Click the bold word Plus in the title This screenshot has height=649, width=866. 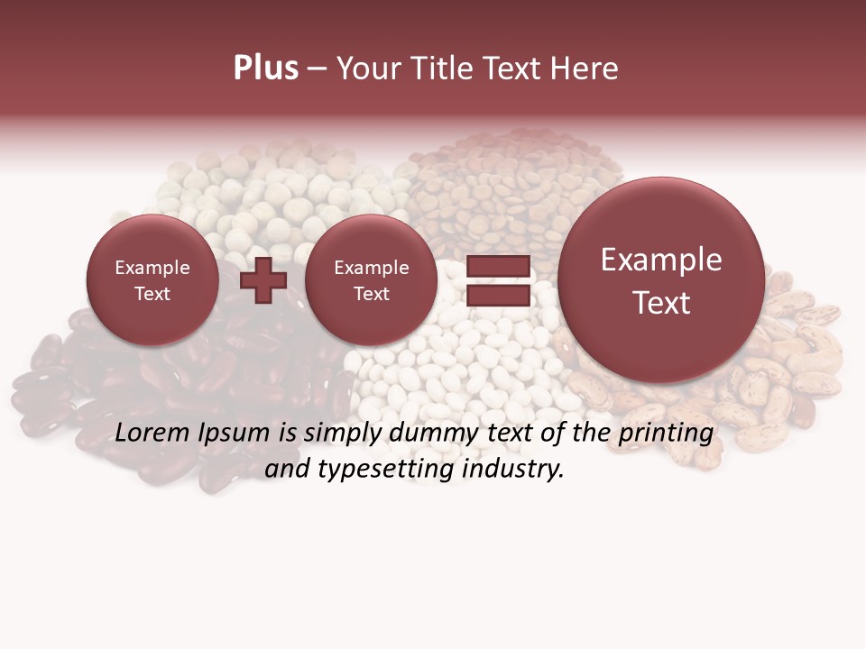point(265,68)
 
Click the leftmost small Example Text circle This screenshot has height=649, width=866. point(152,280)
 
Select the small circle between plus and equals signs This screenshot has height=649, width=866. point(371,280)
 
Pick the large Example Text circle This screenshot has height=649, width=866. point(661,280)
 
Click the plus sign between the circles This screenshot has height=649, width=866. point(263,279)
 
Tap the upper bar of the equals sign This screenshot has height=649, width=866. point(497,266)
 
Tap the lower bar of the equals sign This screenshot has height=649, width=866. point(497,295)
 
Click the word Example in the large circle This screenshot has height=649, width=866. point(661,260)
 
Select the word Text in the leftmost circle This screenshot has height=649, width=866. point(152,294)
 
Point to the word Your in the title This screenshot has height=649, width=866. point(365,68)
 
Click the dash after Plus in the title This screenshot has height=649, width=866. point(317,69)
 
